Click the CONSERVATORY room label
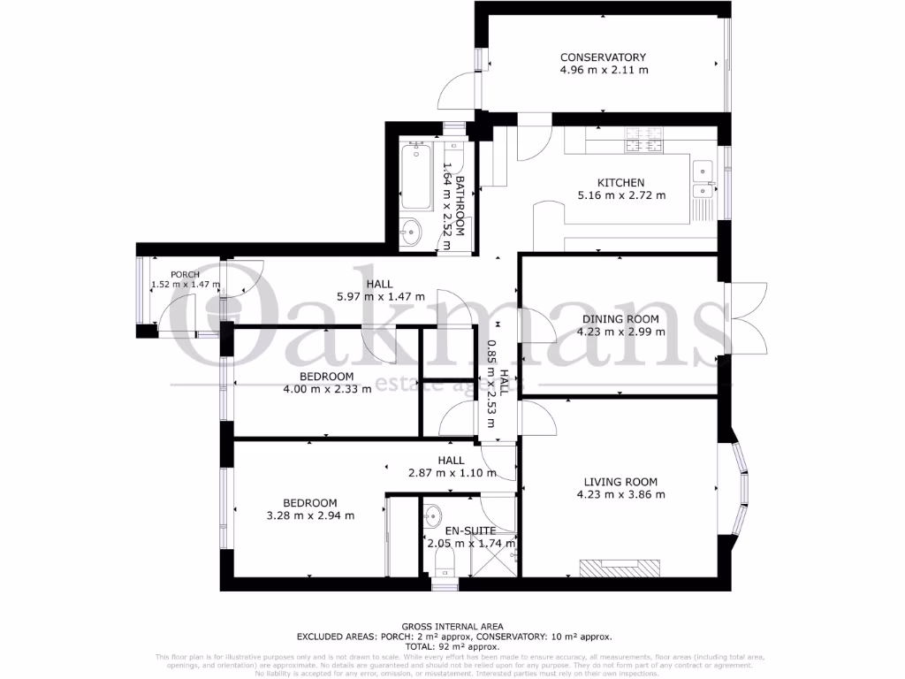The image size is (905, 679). (604, 57)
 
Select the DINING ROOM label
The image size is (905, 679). (620, 319)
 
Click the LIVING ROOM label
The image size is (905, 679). (620, 482)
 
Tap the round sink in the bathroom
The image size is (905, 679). (411, 233)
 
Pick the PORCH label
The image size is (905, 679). (186, 274)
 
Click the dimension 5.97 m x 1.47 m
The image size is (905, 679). (380, 296)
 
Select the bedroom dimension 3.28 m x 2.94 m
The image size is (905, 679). (310, 515)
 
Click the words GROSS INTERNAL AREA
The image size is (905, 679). (452, 627)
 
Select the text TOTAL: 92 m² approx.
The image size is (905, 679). (452, 646)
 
